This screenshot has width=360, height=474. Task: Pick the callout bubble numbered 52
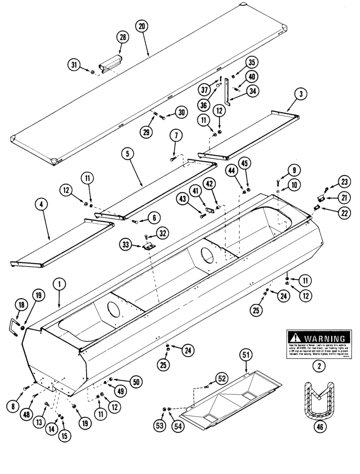[x=222, y=378]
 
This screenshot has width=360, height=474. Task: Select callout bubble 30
[x=181, y=112]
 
